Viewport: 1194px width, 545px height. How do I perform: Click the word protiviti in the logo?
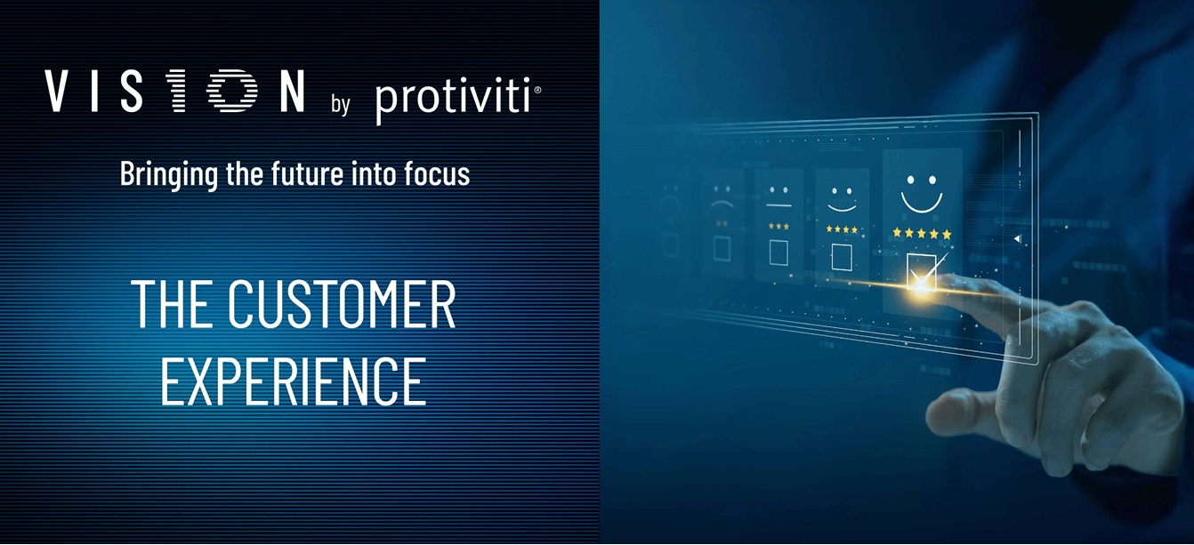click(x=454, y=100)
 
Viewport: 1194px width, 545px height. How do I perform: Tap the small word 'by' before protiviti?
click(x=340, y=103)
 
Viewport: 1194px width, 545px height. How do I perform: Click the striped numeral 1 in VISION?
click(x=177, y=91)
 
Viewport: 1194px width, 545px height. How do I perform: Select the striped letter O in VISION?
click(x=232, y=91)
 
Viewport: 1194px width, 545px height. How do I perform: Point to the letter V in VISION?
click(x=56, y=91)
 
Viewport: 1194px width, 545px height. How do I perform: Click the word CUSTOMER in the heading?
click(x=342, y=304)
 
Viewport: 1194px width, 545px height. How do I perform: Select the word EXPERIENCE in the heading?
click(x=294, y=381)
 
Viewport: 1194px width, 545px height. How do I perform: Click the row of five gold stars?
click(x=922, y=233)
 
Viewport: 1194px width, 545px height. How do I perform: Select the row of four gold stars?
click(x=842, y=229)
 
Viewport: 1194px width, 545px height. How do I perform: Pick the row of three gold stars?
click(x=779, y=227)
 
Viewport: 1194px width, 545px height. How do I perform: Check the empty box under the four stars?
click(x=842, y=257)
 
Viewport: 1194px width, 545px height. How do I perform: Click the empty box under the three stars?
click(x=779, y=252)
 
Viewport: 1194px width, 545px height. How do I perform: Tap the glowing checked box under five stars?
click(x=921, y=272)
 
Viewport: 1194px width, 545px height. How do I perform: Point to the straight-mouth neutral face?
click(x=779, y=197)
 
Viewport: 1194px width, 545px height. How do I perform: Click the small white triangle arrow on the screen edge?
click(x=1017, y=238)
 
